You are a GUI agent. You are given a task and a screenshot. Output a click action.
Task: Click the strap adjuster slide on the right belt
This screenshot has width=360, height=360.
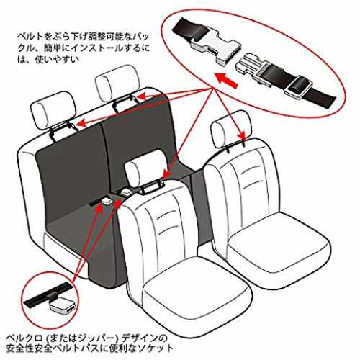point(299,87)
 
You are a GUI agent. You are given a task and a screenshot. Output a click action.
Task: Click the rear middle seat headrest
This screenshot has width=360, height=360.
point(117,83)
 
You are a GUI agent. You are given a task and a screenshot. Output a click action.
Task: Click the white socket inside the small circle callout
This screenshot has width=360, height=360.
point(63,306)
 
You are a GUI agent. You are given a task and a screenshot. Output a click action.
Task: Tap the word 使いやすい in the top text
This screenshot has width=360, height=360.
point(57,59)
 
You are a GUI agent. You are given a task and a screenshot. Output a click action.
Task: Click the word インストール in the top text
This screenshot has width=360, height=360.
point(98,48)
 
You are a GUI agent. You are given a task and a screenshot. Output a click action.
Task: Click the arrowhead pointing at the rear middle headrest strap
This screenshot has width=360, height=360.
point(142,96)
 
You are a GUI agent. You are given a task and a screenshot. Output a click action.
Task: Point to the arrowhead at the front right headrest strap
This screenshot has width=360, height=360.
point(243,135)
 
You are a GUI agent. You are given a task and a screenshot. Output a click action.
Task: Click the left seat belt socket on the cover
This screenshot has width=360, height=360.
point(107,201)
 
